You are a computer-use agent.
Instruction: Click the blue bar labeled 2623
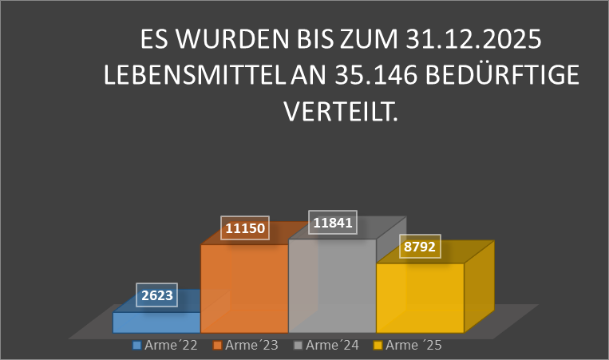tap(156, 322)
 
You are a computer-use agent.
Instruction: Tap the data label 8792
tap(419, 248)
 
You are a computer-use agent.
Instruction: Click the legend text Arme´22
tap(168, 346)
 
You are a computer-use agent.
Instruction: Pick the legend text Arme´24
tap(332, 346)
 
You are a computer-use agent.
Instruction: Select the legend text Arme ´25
tap(413, 346)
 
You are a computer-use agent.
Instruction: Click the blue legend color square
tap(137, 346)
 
